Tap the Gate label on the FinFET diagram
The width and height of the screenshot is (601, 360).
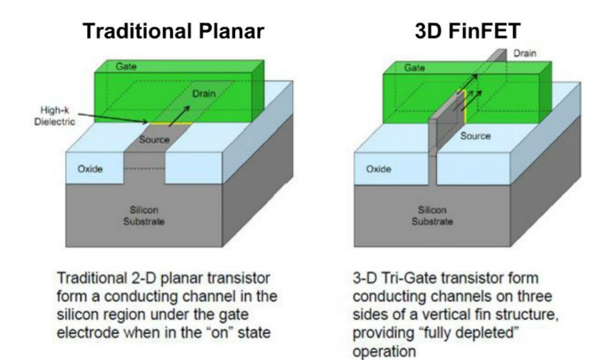[415, 67]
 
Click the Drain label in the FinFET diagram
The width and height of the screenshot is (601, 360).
[524, 54]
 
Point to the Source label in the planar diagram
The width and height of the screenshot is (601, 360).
[154, 140]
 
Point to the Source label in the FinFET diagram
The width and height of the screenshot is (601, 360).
[475, 136]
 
